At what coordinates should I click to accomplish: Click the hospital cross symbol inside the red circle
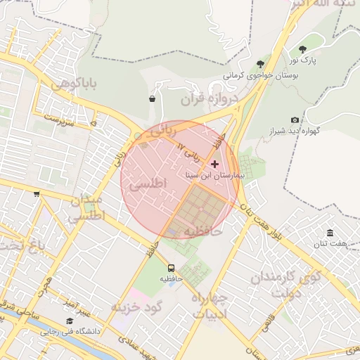point(214,164)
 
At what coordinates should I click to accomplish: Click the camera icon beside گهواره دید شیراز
point(295,120)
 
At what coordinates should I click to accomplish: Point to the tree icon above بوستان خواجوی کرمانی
point(260,63)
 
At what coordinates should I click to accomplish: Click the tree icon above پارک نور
point(303,49)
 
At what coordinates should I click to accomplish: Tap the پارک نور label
point(304,60)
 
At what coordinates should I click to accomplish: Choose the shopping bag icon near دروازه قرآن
point(152,99)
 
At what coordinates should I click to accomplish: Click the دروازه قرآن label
point(205,99)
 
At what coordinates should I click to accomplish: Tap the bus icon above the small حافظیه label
point(171,268)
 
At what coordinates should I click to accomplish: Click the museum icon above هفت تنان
point(330,233)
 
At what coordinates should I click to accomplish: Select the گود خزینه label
point(136,307)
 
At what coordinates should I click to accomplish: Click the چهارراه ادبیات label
point(209,307)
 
